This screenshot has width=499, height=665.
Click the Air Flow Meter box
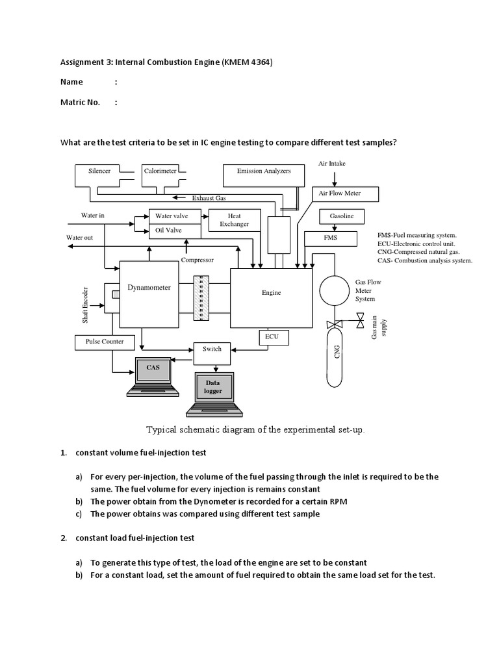click(339, 194)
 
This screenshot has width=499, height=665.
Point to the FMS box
click(330, 238)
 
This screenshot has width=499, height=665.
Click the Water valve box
click(172, 216)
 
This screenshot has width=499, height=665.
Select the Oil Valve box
click(168, 230)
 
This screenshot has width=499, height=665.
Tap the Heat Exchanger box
click(234, 220)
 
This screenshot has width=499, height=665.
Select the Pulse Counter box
click(99, 341)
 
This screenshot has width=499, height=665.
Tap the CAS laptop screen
click(152, 370)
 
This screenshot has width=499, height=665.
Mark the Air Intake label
click(331, 164)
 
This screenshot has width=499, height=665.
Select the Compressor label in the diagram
click(197, 260)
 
